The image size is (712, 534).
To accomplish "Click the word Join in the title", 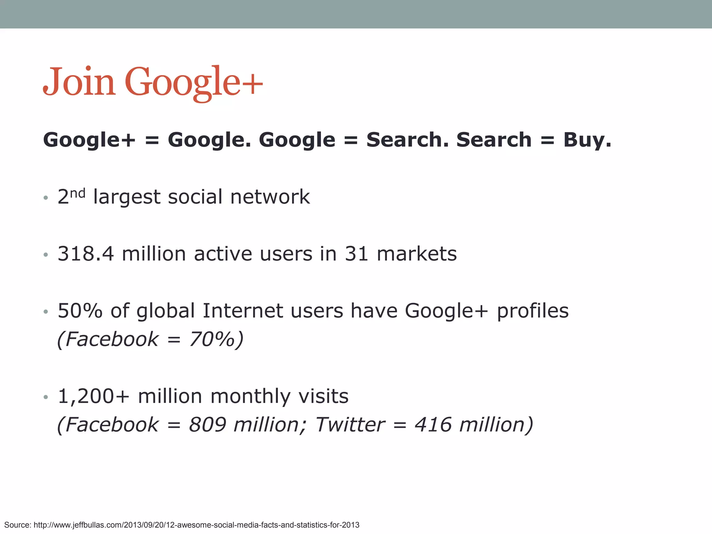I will click(x=79, y=82).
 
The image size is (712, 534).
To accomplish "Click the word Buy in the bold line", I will click(x=587, y=140).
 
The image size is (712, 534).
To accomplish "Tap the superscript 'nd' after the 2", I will click(x=78, y=193).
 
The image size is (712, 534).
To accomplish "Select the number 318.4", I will click(x=86, y=254).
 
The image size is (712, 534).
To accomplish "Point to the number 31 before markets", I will click(x=356, y=254).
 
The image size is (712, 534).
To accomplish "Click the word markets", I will click(x=416, y=254).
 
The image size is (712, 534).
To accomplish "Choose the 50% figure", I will click(x=80, y=310).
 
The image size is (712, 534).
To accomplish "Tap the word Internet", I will click(x=242, y=310).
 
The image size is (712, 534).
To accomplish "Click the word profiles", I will click(x=533, y=310).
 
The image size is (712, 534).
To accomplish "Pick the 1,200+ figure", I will click(x=94, y=396).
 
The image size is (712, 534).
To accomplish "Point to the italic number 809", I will click(x=208, y=424).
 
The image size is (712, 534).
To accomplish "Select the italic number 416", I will click(x=433, y=424).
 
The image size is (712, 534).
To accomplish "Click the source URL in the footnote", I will click(x=196, y=525).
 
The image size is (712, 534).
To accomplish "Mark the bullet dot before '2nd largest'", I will click(x=46, y=198).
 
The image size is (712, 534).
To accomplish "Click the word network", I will click(x=270, y=197).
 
